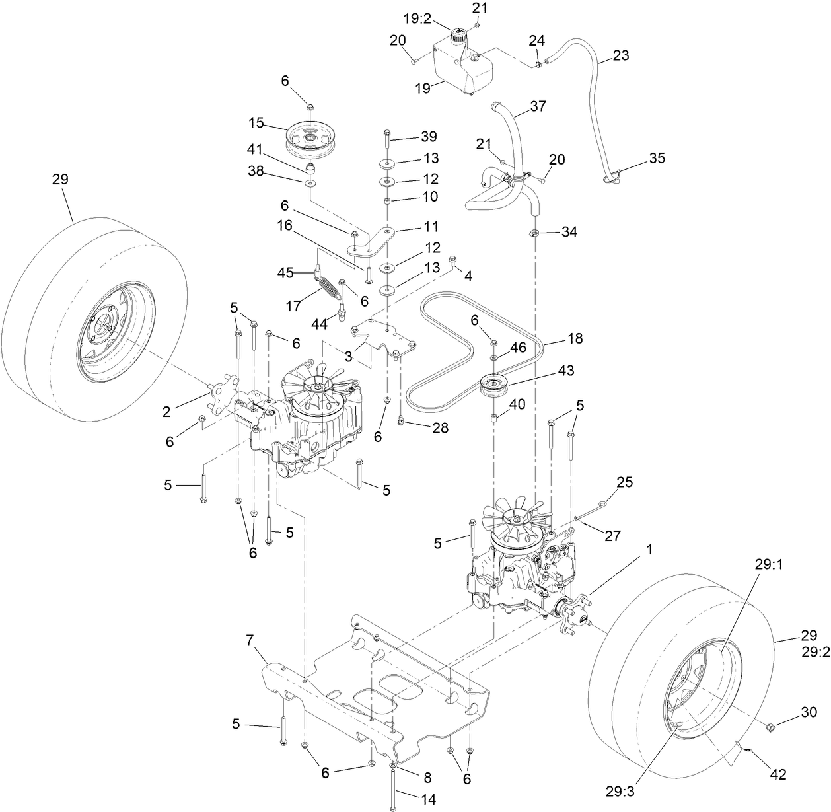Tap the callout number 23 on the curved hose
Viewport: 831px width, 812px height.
(x=621, y=55)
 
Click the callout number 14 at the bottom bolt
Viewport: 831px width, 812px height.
(x=428, y=799)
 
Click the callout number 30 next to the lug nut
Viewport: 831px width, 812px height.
(x=809, y=713)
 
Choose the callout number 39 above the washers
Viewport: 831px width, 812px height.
(x=429, y=137)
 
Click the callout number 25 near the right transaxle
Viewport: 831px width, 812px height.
(x=624, y=482)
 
